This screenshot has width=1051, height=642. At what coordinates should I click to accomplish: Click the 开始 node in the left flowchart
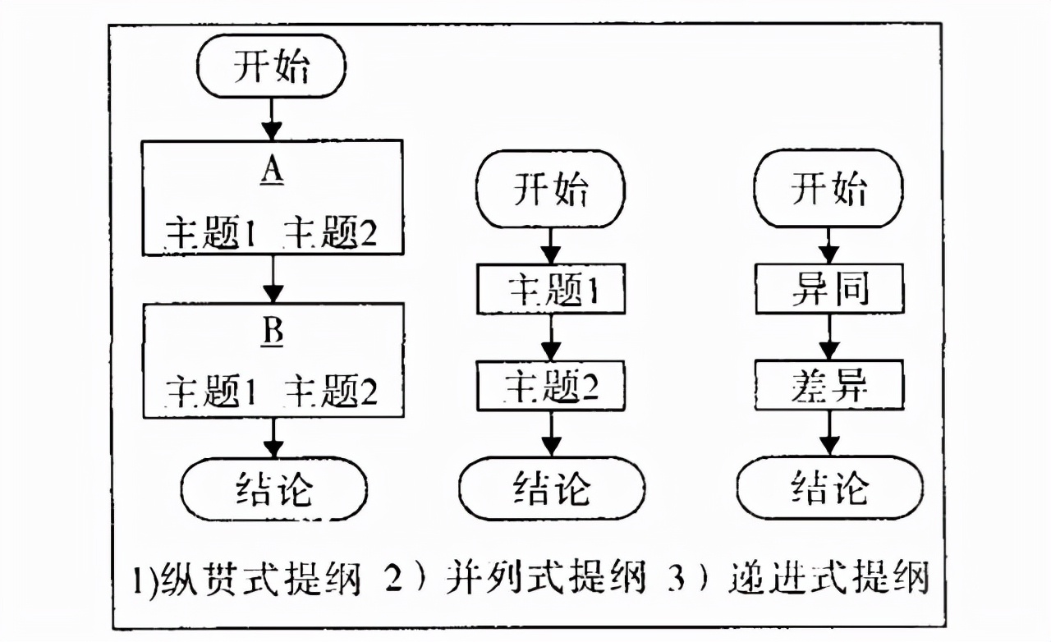pos(272,66)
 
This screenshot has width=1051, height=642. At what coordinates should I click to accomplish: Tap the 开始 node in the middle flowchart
pos(551,190)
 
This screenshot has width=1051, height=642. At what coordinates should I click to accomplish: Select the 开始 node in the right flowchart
pos(829,190)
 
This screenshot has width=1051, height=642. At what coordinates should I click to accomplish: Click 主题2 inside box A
pos(331,234)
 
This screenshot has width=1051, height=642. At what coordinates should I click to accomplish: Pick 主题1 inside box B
pos(213,392)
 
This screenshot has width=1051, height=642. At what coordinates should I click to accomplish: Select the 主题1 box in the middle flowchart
pos(551,289)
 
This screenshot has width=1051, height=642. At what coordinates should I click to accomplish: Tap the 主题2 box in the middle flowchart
pos(551,387)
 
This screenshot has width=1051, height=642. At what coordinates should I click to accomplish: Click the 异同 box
pos(829,289)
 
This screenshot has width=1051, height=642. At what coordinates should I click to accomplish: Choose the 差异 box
pos(829,387)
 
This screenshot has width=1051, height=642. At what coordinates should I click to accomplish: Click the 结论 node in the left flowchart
pos(272,489)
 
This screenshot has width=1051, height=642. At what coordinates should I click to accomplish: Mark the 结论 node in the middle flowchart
pos(551,489)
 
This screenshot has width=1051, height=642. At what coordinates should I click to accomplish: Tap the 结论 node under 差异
pos(829,489)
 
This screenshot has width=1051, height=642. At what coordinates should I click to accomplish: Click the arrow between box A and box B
pos(272,279)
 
